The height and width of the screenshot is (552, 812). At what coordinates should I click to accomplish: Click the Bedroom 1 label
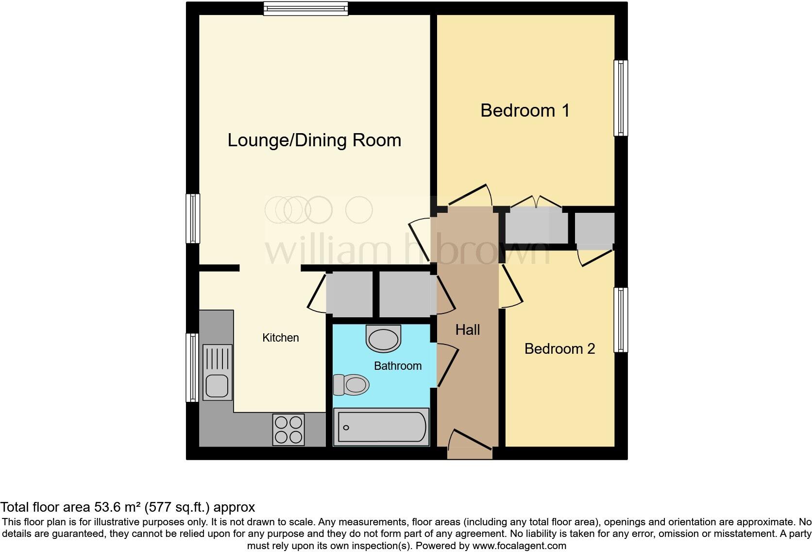pyautogui.click(x=524, y=111)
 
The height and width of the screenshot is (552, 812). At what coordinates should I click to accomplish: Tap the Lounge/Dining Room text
pyautogui.click(x=314, y=140)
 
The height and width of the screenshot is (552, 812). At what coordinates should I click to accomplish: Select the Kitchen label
pyautogui.click(x=280, y=338)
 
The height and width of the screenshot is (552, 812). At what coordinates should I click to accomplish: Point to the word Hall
pyautogui.click(x=467, y=330)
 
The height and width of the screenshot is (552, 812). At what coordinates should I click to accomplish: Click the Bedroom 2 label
pyautogui.click(x=559, y=349)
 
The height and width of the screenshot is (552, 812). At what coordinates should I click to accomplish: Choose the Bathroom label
pyautogui.click(x=397, y=366)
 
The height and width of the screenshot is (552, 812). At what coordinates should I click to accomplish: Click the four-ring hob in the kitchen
pyautogui.click(x=288, y=430)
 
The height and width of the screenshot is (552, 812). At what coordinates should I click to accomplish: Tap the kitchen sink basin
pyautogui.click(x=217, y=386)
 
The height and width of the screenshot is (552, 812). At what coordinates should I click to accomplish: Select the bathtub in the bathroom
pyautogui.click(x=381, y=427)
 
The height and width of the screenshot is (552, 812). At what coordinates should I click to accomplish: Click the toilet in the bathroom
pyautogui.click(x=352, y=385)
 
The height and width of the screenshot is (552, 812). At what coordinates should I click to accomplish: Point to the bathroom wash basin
pyautogui.click(x=384, y=338)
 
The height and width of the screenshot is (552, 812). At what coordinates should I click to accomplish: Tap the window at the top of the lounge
pyautogui.click(x=306, y=8)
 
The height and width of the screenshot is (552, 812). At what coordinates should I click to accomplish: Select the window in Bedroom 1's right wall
pyautogui.click(x=621, y=98)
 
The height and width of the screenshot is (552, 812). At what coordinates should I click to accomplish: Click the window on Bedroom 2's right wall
pyautogui.click(x=621, y=320)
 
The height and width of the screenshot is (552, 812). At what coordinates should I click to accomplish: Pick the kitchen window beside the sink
pyautogui.click(x=193, y=368)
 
